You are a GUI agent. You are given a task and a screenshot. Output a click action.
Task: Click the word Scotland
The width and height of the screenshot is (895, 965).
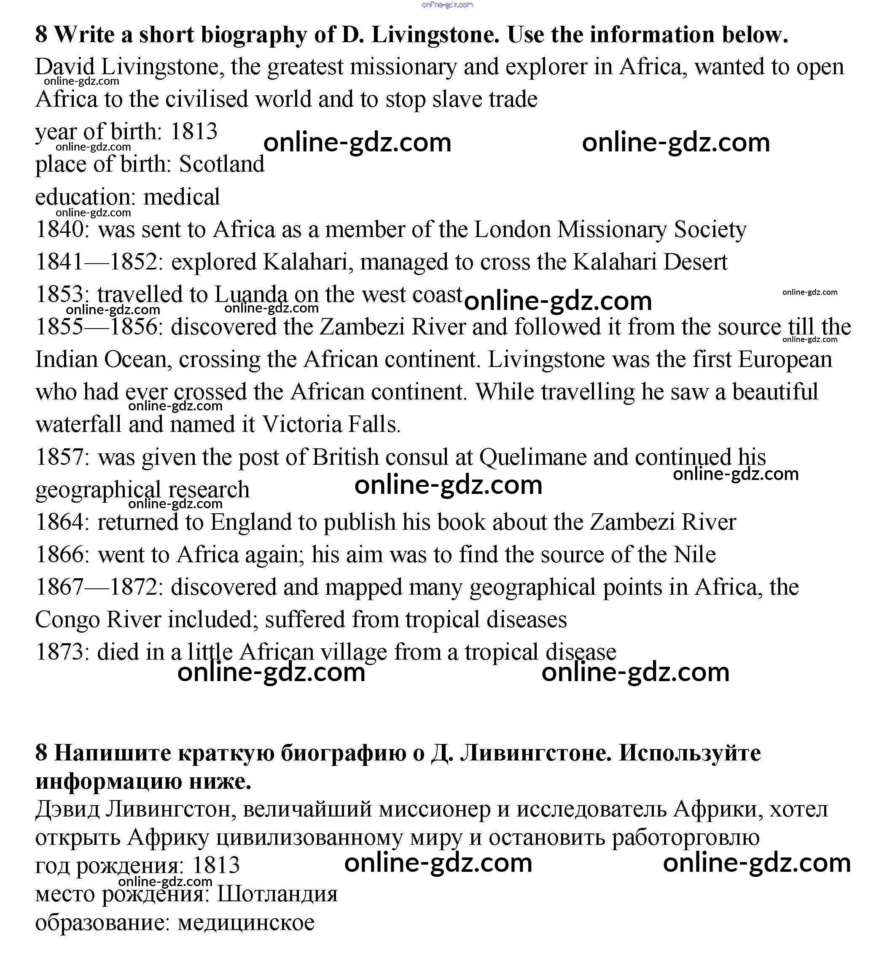coord(222,164)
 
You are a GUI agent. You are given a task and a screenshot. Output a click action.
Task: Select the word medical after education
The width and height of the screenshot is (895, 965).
coord(182,197)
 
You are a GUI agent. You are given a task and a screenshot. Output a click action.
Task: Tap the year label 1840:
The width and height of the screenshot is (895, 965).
coord(63,229)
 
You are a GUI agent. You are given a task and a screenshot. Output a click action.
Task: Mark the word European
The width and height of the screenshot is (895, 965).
coord(785,360)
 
